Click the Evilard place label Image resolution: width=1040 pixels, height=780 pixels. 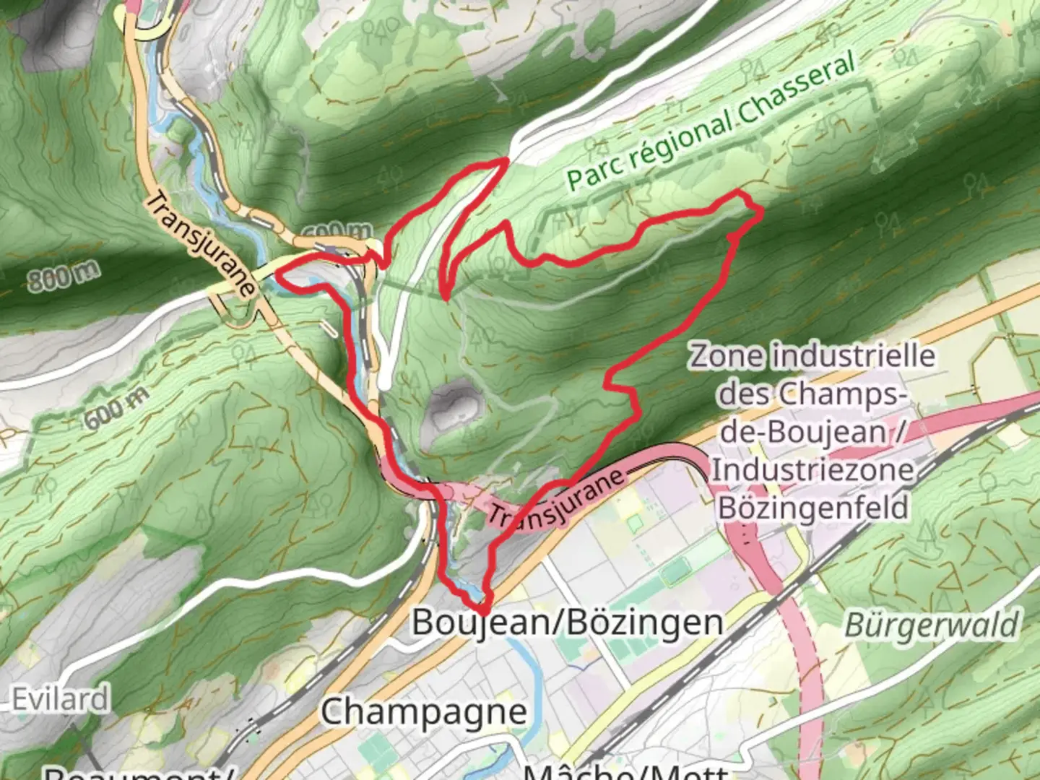pos(61,699)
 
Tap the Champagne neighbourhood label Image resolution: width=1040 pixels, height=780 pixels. pos(424,712)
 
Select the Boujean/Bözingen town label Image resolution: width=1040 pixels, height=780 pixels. pos(567,623)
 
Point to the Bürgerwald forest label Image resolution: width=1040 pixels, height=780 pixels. pos(932,625)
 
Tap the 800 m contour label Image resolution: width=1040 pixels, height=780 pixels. pos(64,276)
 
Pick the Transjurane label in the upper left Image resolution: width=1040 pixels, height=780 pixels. pos(200,244)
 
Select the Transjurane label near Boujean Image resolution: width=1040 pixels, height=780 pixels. pos(555,498)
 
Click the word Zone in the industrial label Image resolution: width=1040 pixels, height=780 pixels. pos(725,356)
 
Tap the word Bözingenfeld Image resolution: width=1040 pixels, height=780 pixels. pos(813,508)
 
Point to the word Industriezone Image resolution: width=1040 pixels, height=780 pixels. pos(813,470)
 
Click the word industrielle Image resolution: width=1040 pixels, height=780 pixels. pos(853,356)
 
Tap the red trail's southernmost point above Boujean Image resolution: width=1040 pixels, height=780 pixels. pos(482,611)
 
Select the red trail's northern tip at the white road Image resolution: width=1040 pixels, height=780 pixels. pos(505,160)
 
